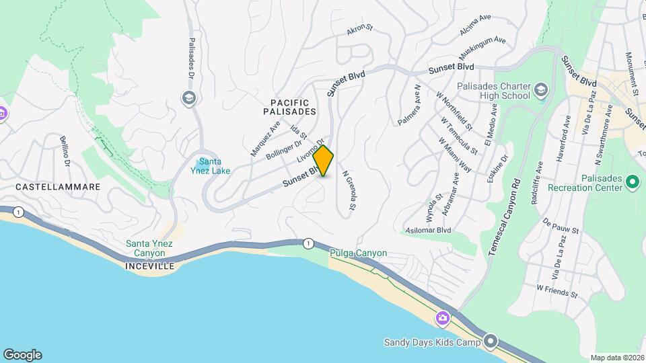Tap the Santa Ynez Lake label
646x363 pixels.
(x=215, y=166)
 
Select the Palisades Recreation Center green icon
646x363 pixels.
(x=632, y=182)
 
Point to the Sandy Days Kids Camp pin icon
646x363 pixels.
(x=491, y=341)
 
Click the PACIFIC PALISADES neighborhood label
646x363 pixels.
(x=289, y=106)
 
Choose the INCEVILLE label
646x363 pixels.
(x=149, y=266)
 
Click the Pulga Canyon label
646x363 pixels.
(x=358, y=253)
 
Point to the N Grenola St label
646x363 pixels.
(x=347, y=193)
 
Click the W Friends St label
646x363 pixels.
(x=557, y=290)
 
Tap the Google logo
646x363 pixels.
(x=22, y=355)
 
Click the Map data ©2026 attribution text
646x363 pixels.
(x=616, y=358)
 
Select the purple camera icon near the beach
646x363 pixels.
(x=443, y=317)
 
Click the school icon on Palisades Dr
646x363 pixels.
(x=188, y=98)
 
